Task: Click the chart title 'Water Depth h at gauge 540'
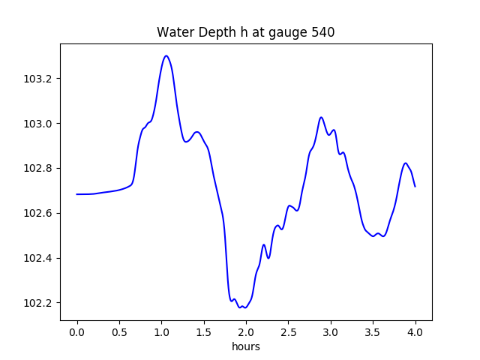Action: [245, 33]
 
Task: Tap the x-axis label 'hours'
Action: [245, 347]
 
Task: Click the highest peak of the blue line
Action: [166, 55]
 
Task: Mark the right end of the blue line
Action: [415, 186]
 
